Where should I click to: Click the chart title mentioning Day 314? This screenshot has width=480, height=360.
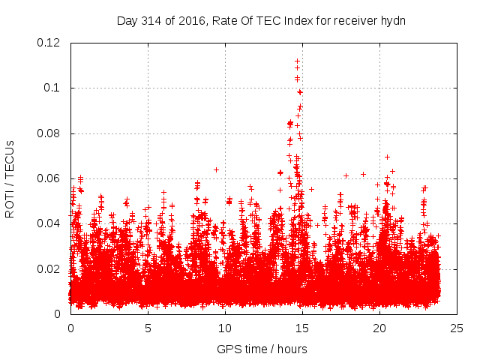pos(261,20)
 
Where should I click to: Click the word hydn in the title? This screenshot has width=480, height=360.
pos(392,20)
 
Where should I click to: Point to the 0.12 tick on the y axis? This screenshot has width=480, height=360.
pos(50,43)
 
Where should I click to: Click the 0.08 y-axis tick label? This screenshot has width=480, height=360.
pos(50,133)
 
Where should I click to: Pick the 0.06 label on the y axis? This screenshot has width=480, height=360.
pos(50,178)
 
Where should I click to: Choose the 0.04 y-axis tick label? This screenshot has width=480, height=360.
pos(50,223)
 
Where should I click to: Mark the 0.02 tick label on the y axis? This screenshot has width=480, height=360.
pos(50,268)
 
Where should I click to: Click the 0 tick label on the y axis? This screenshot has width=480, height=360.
pos(59,314)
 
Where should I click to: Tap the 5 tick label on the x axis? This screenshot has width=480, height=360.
pos(148,328)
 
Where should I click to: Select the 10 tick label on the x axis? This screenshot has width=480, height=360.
pos(225,328)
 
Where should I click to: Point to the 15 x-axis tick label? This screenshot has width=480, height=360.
pos(302,328)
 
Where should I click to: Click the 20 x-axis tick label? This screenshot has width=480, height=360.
pos(379,328)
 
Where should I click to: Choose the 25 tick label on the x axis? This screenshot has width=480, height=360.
pos(457,328)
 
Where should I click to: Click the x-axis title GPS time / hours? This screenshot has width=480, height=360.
pos(262,349)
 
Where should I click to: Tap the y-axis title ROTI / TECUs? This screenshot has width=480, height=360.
pos(10,178)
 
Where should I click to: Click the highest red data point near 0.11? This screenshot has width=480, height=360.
pos(298,61)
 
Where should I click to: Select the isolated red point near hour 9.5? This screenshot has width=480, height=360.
pos(216,169)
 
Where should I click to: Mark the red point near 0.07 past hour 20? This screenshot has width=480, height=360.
pos(387,157)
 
